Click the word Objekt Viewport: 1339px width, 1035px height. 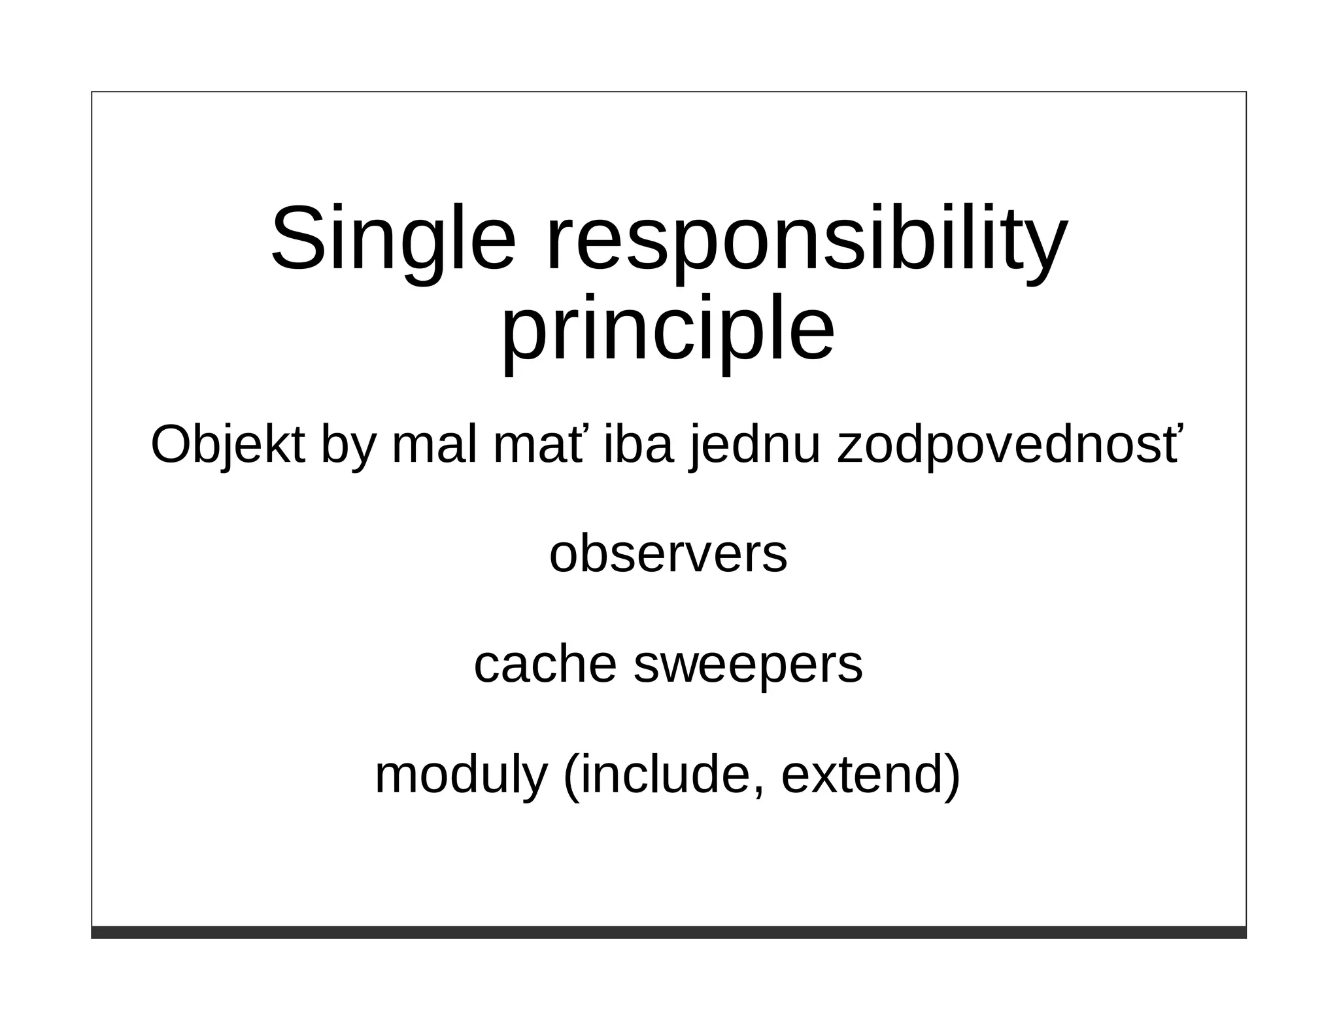coord(228,446)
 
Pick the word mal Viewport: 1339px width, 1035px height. coord(434,446)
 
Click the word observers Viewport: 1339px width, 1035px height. coord(668,555)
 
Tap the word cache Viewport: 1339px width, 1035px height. coord(545,665)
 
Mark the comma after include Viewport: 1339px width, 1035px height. coord(758,790)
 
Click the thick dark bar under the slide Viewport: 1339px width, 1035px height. coord(668,932)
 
